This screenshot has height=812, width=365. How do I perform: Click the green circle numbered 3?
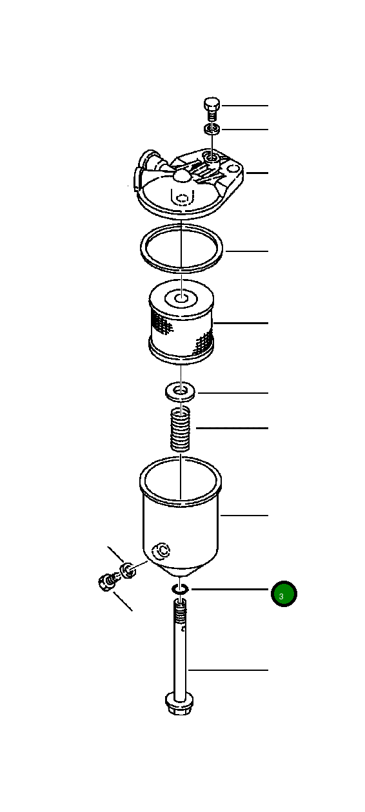pyautogui.click(x=283, y=594)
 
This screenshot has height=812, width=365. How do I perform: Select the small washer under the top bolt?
pyautogui.click(x=212, y=130)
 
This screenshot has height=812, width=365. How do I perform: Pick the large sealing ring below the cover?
pyautogui.click(x=182, y=248)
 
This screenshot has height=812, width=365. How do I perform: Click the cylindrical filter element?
pyautogui.click(x=181, y=325)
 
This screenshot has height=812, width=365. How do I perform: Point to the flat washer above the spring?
pyautogui.click(x=181, y=392)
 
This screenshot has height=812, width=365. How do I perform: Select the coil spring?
pyautogui.click(x=182, y=429)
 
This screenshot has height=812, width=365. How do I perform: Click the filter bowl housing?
pyautogui.click(x=181, y=516)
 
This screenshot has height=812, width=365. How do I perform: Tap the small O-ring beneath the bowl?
pyautogui.click(x=180, y=589)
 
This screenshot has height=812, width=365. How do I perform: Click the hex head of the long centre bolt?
pyautogui.click(x=177, y=703)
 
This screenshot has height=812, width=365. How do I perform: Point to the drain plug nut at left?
pyautogui.click(x=106, y=582)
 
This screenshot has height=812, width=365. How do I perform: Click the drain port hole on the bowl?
pyautogui.click(x=161, y=550)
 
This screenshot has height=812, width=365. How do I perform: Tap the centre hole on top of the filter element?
pyautogui.click(x=181, y=298)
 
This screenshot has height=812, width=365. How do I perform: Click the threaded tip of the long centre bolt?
pyautogui.click(x=180, y=606)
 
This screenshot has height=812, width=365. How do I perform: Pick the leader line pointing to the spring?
pyautogui.click(x=232, y=429)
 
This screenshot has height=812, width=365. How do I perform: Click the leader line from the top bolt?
pyautogui.click(x=245, y=105)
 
